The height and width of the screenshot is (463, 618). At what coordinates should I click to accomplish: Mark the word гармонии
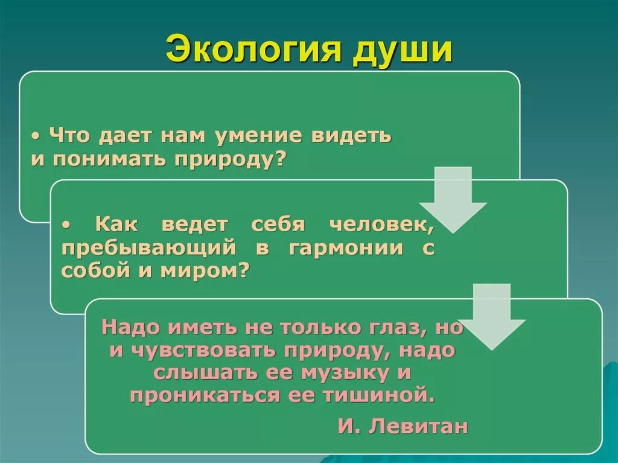point(346,248)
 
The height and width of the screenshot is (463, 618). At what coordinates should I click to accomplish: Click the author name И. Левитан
point(403,426)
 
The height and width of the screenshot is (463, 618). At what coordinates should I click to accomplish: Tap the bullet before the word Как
point(68,225)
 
